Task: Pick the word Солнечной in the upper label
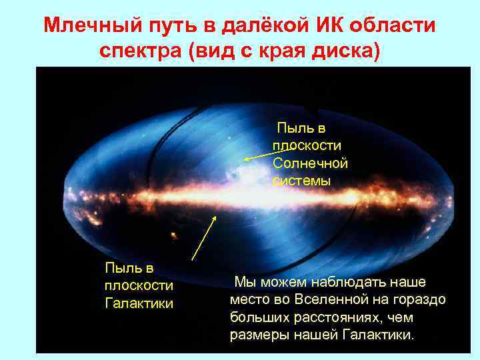310,163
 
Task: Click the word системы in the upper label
301,181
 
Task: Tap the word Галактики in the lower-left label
139,303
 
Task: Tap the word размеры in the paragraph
258,334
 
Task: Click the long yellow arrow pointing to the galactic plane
204,237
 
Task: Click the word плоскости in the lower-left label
139,285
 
